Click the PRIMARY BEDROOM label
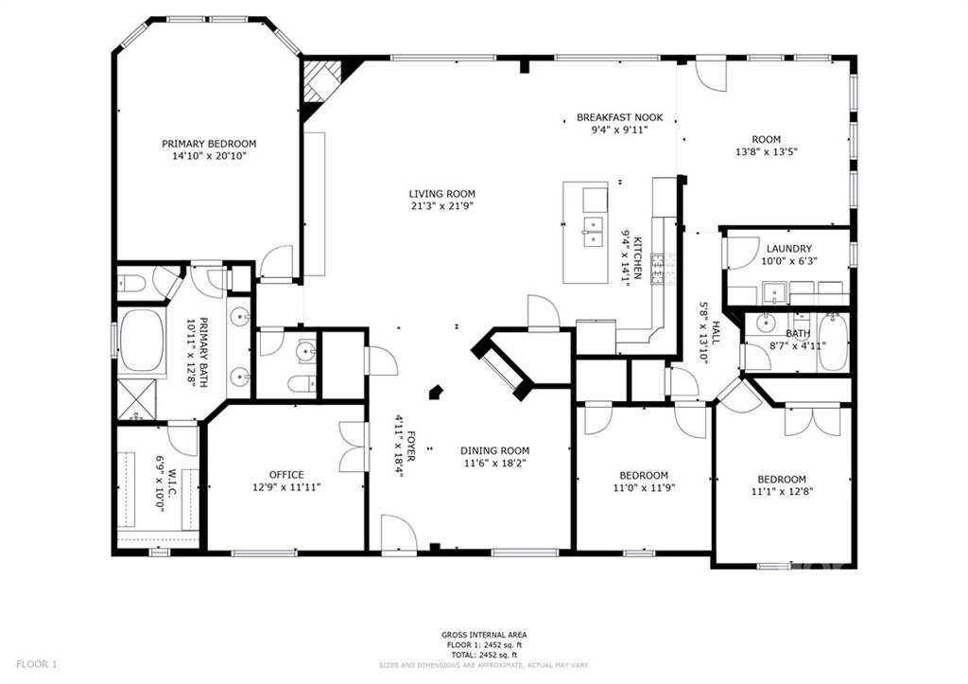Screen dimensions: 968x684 coord(209,144)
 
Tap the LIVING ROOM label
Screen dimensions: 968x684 coord(442,194)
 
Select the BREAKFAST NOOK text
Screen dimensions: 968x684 coord(620,117)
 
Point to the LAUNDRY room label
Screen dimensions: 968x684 coord(789,249)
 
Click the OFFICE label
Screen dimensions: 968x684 coord(286,475)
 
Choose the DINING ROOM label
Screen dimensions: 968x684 coord(494,451)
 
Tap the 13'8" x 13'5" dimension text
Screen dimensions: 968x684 coord(766,152)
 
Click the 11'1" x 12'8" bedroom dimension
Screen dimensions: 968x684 coord(782,492)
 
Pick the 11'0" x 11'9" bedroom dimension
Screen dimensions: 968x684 coord(644,487)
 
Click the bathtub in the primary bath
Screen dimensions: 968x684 coord(142,340)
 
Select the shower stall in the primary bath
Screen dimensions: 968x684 coord(137,399)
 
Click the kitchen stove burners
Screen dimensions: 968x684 coord(659,270)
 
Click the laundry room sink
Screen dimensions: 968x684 coord(773,292)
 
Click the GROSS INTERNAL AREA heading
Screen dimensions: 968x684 coord(484,635)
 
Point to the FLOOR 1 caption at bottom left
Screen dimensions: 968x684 coord(37,665)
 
